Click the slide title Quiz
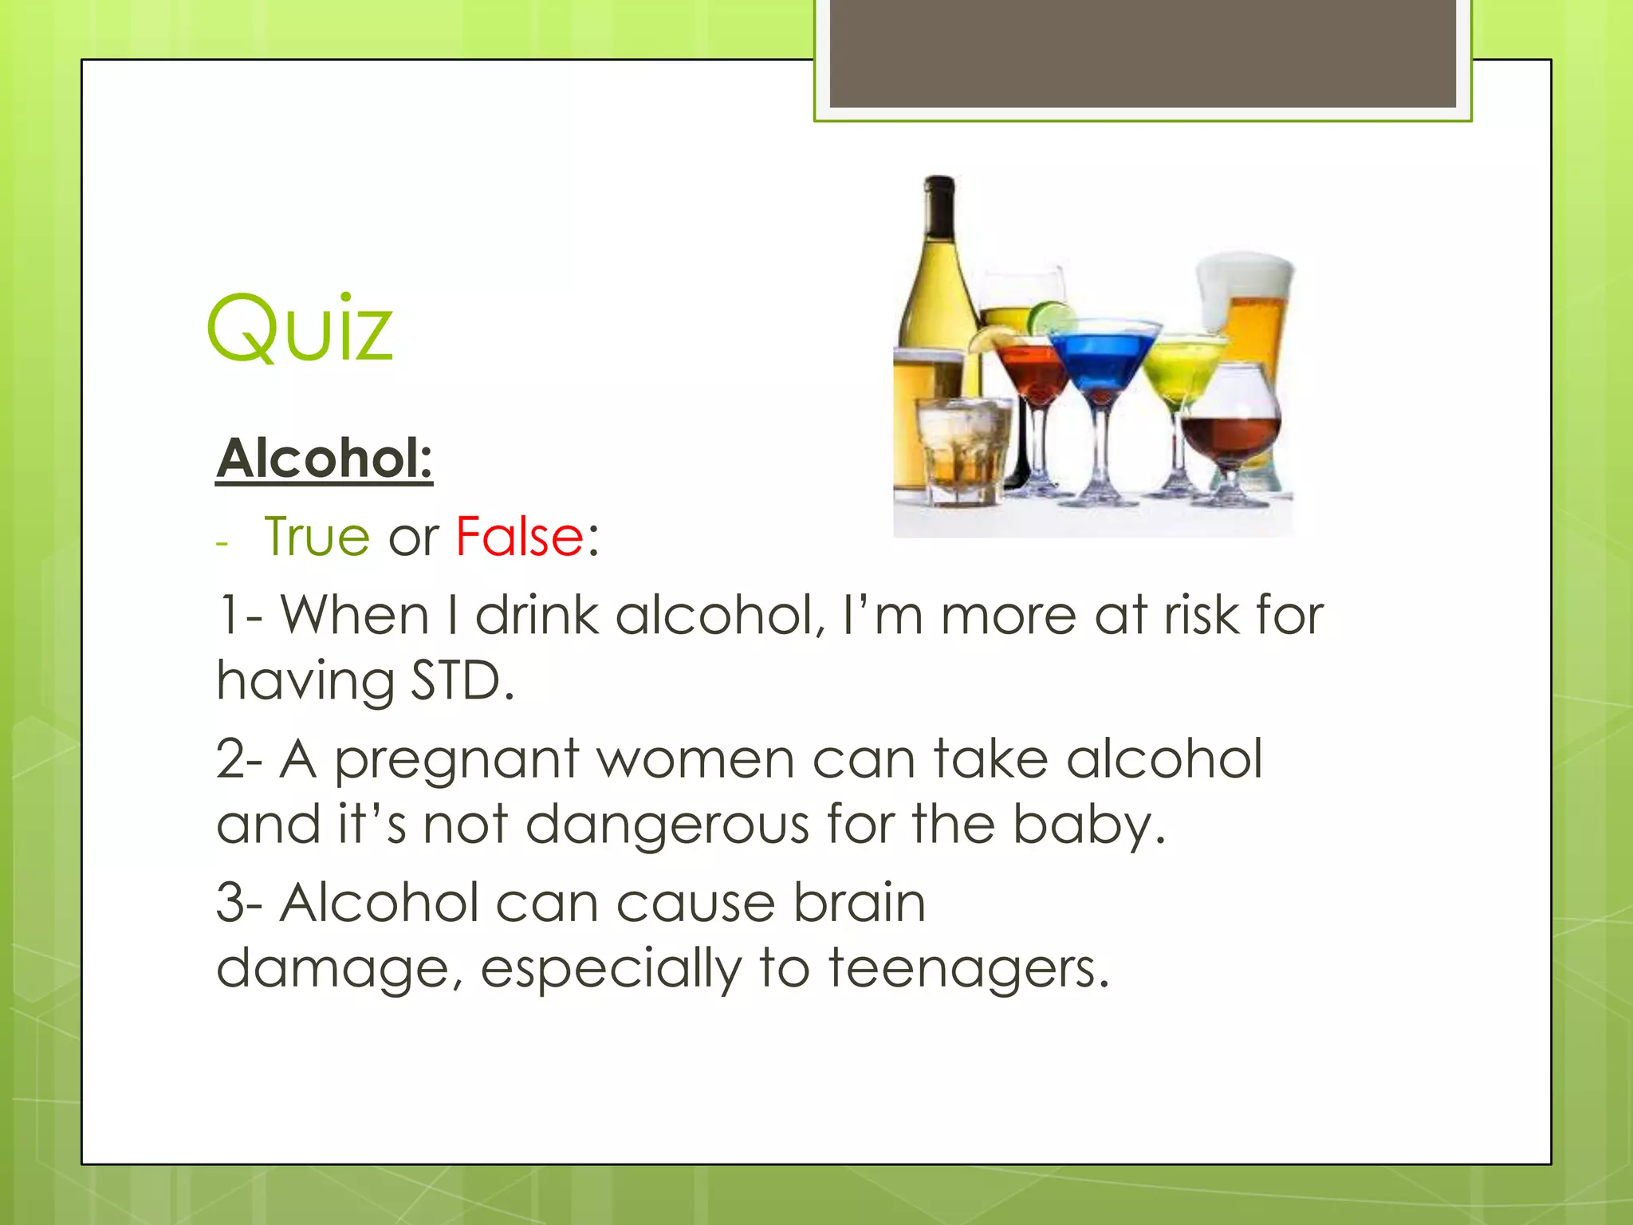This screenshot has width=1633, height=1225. point(300,329)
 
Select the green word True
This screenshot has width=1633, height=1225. point(317,536)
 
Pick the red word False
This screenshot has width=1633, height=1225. point(520,536)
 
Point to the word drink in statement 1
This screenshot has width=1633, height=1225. point(537,616)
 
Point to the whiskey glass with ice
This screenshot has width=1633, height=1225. point(962,451)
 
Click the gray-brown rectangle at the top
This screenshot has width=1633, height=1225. point(1143,53)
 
